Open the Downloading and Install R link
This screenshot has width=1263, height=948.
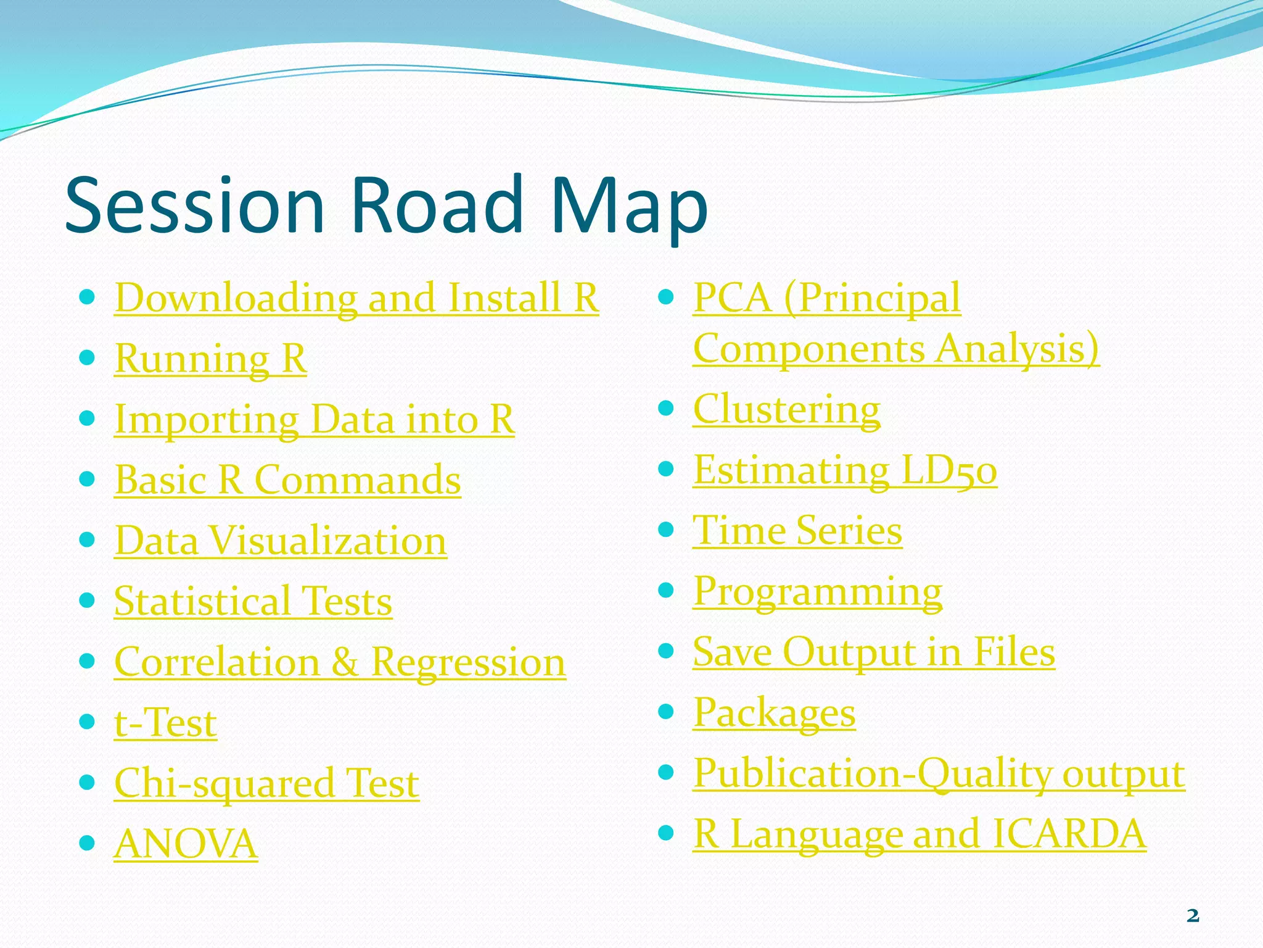pos(356,298)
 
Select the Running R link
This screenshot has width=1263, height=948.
pos(210,359)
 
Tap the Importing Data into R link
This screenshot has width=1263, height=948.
pos(314,420)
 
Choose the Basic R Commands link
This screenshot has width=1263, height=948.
pos(287,480)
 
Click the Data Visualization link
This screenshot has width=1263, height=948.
pos(281,541)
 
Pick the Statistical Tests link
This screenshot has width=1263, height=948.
pos(253,602)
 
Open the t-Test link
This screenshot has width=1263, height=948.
pos(165,723)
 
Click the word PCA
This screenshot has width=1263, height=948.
pos(732,298)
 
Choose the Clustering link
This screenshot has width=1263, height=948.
pos(786,409)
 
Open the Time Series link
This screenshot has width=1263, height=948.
pos(797,531)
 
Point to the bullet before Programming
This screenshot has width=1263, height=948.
pos(665,591)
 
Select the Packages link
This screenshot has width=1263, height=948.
pos(774,713)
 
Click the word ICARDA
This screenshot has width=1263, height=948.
pos(1069,834)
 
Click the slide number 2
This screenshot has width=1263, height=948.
pos(1193,916)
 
